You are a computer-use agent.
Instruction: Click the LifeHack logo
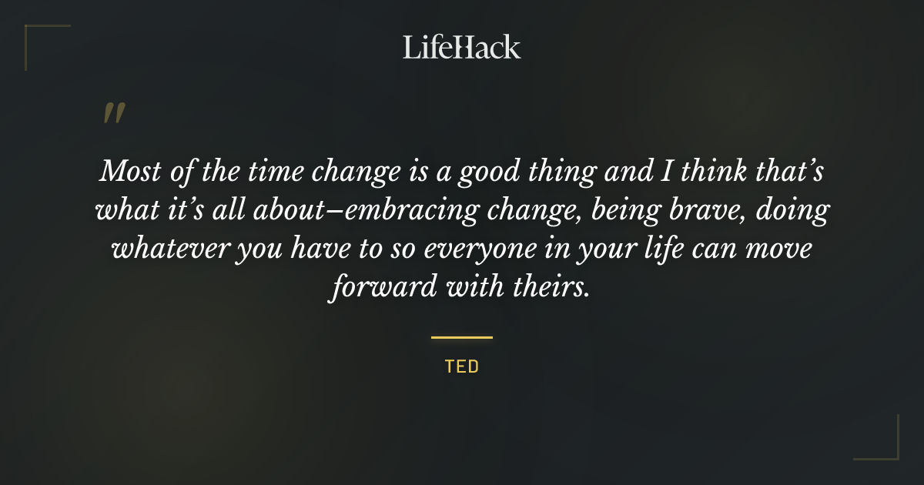(x=461, y=48)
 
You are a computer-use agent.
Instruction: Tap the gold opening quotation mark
(x=114, y=114)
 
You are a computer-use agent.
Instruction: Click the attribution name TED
(x=462, y=366)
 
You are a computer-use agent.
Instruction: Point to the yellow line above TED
(x=462, y=337)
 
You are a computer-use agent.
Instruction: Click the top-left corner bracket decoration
(x=35, y=35)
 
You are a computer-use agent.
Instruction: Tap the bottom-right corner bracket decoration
(x=889, y=450)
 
